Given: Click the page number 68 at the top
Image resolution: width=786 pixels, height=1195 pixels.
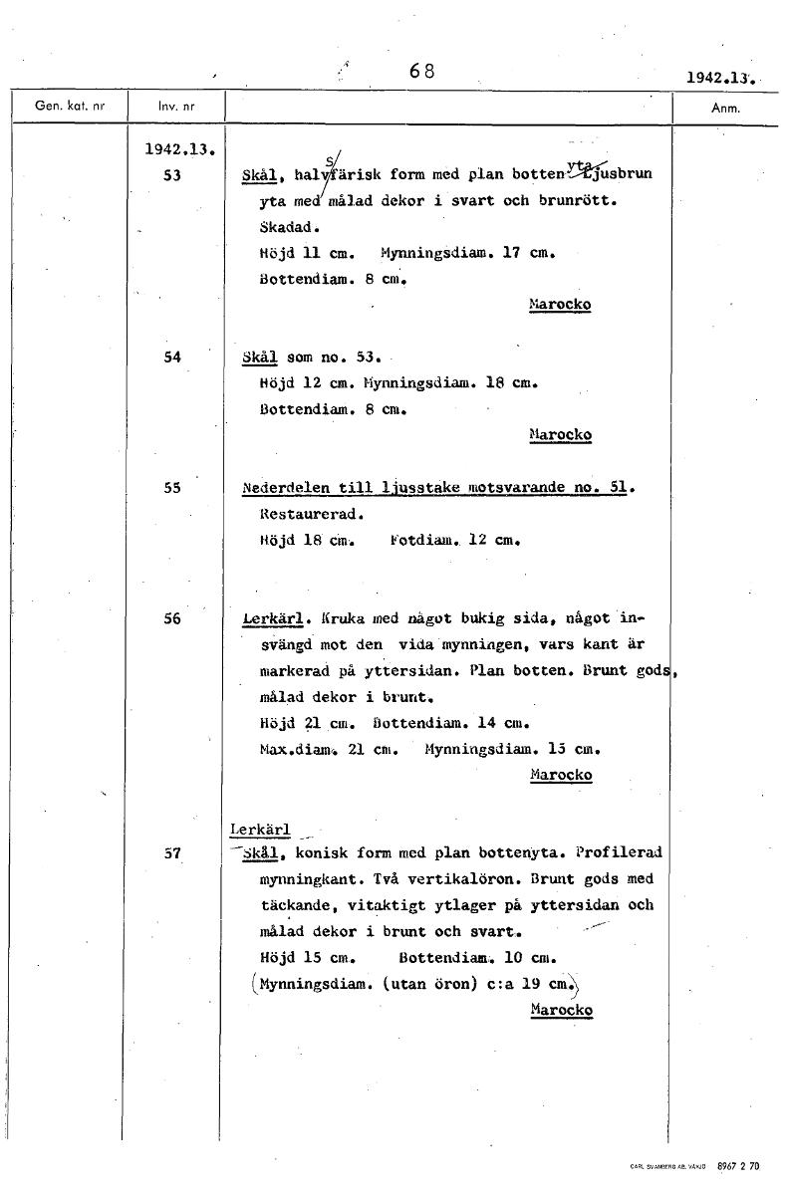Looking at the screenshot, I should (422, 72).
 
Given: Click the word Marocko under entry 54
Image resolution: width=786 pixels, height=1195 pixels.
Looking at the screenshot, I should (560, 435).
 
